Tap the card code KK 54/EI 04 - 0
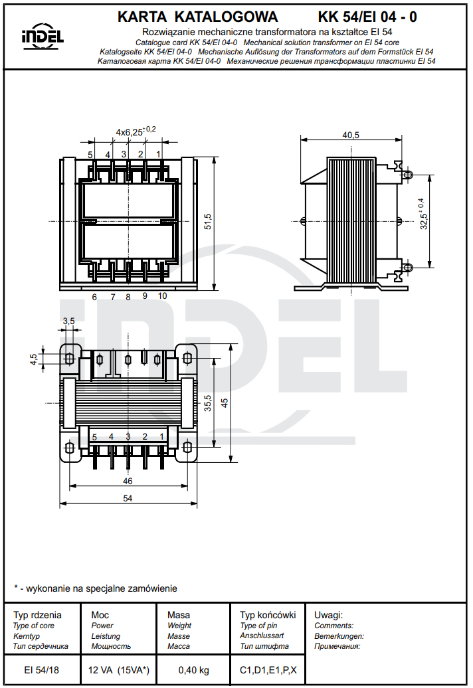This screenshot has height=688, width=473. point(367,17)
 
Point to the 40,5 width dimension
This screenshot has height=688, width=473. point(351,135)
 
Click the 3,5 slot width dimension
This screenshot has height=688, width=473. point(68,321)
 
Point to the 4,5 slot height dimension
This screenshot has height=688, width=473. point(33,359)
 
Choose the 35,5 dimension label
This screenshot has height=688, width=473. point(208,403)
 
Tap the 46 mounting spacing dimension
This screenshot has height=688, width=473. point(128,481)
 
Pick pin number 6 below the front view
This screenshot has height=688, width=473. point(94,297)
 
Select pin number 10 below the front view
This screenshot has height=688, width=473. point(162,296)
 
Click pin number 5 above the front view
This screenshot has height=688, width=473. point(90,154)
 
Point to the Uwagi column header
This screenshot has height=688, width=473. point(328,615)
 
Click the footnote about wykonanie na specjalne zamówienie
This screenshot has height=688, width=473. point(96,588)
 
